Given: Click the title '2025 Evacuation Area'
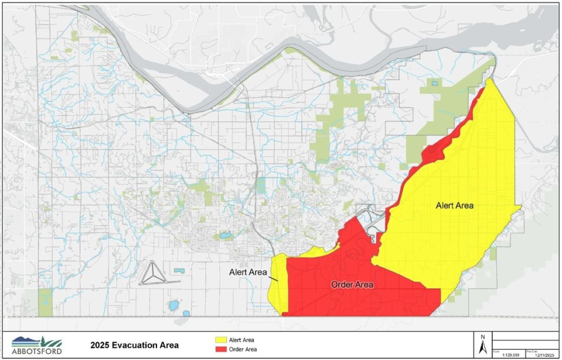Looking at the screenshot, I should [134, 345].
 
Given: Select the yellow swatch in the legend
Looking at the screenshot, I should [221, 340].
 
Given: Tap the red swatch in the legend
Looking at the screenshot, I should [221, 349].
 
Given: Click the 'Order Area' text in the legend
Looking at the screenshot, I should [243, 349].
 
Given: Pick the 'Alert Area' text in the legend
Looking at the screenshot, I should [242, 340].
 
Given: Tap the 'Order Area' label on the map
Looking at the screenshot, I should [352, 285].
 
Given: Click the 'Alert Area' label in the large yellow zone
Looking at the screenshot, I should [454, 205].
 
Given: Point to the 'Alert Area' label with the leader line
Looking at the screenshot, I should [248, 272].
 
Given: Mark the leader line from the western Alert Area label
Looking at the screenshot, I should [274, 278].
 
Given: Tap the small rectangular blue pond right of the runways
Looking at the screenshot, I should [178, 270].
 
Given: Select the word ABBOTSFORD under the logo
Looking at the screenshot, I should [37, 351].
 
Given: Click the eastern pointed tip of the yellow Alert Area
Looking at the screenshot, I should [521, 206].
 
